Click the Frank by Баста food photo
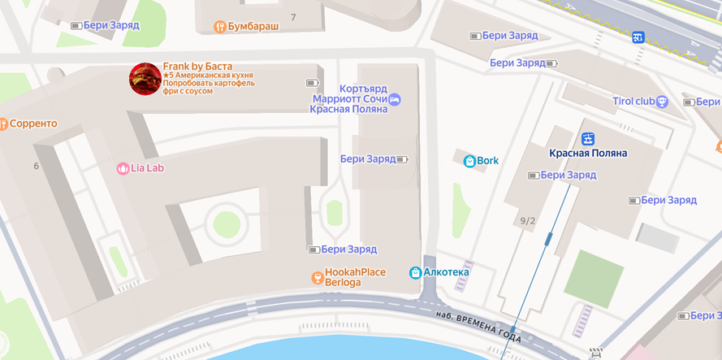(145, 79)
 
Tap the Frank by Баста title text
(197, 66)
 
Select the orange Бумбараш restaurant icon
(219, 27)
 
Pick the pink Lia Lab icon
(123, 169)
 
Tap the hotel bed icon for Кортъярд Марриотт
(395, 99)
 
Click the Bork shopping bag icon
(469, 161)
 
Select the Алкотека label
(446, 272)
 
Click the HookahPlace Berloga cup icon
(318, 278)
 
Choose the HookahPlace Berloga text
(355, 277)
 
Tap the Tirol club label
(633, 102)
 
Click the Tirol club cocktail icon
(662, 102)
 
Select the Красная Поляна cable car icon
(587, 138)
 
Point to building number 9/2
(528, 221)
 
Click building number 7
(293, 17)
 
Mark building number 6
(37, 167)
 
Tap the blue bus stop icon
(638, 37)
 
